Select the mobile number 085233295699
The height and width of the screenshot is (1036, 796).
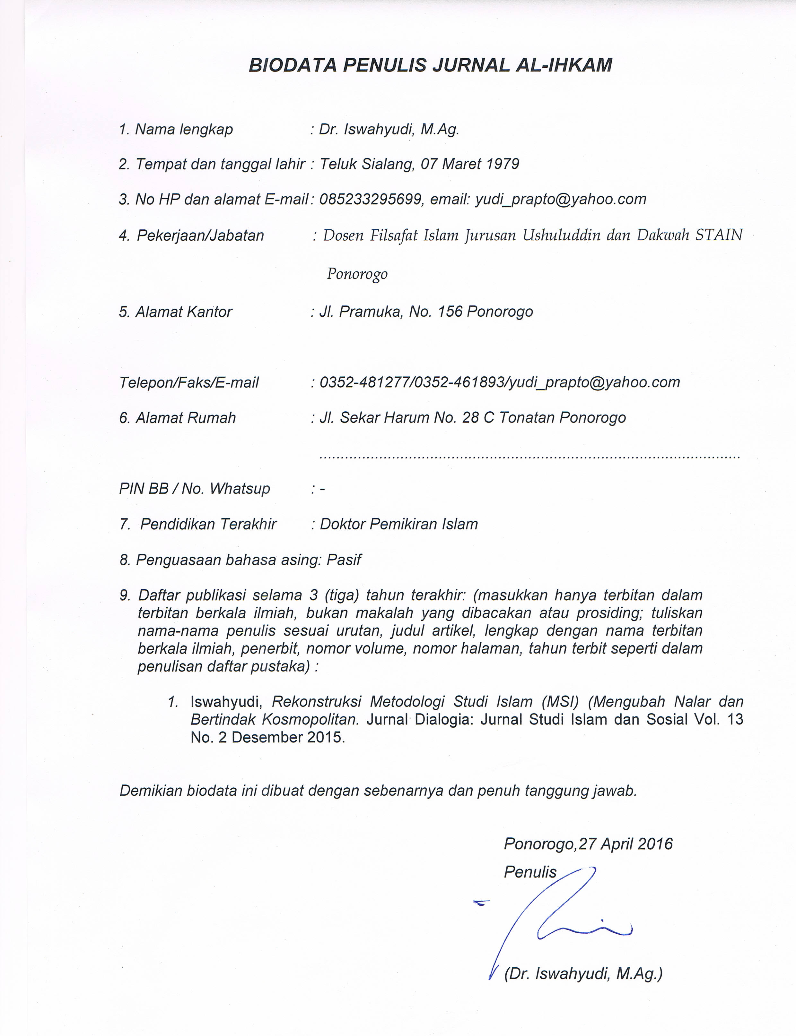370,199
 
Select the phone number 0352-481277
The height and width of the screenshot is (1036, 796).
363,382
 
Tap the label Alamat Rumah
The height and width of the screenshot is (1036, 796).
185,418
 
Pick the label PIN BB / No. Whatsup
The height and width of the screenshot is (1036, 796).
194,489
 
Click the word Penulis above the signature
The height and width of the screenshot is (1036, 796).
530,872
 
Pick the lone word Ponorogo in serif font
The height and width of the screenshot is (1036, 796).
357,274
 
